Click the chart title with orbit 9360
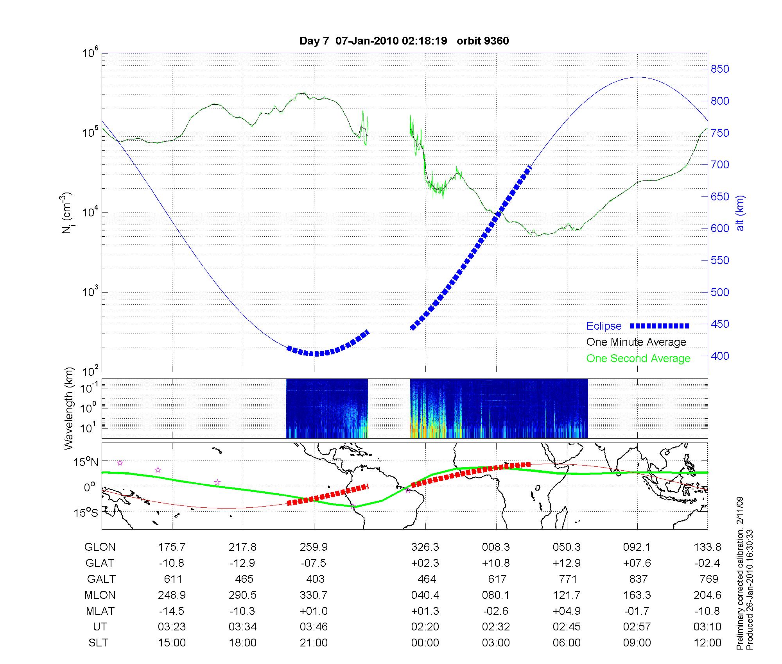(404, 41)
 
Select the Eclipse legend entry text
(604, 326)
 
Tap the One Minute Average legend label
(636, 342)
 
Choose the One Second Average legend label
(638, 359)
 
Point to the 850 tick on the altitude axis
(720, 69)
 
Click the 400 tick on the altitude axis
(720, 356)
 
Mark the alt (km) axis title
(740, 213)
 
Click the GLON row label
(100, 547)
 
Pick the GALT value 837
(638, 579)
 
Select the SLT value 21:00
(314, 643)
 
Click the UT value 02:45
(567, 627)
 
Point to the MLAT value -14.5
(171, 611)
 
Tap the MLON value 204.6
(707, 595)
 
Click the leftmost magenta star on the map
(120, 463)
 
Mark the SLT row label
(98, 643)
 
